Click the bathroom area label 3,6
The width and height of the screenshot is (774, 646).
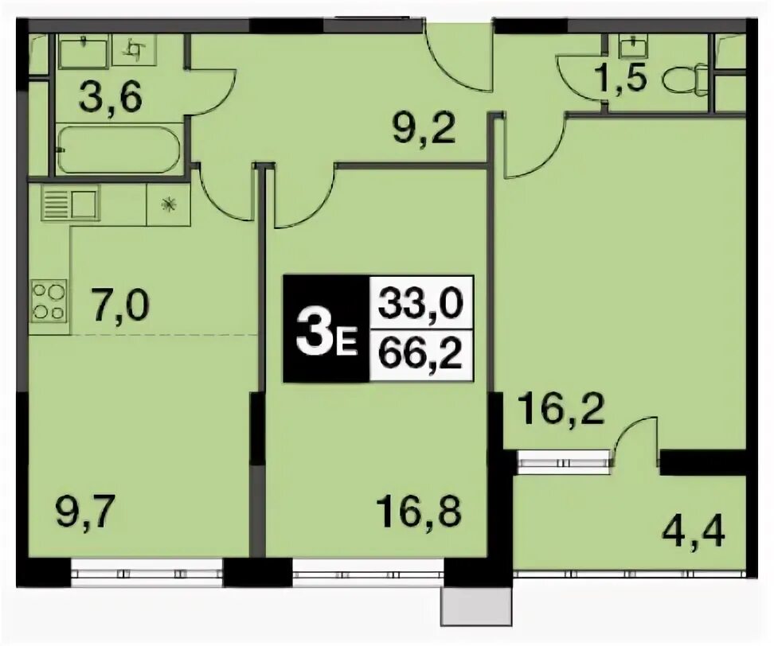pyautogui.click(x=111, y=97)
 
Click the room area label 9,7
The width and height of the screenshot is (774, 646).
pyautogui.click(x=86, y=513)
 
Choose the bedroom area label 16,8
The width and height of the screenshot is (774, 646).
pyautogui.click(x=419, y=511)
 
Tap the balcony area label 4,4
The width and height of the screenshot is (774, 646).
pyautogui.click(x=694, y=532)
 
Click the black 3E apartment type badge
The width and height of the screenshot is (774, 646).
pyautogui.click(x=326, y=329)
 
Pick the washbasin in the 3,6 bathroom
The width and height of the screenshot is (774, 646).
pyautogui.click(x=84, y=53)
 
